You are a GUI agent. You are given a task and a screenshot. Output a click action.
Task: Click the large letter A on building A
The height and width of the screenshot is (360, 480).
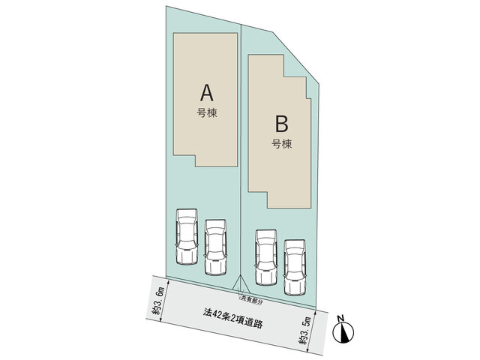(207, 92)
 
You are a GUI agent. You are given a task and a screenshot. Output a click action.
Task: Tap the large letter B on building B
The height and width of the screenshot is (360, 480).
(282, 123)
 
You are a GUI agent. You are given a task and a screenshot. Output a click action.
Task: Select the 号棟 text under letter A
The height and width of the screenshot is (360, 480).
(207, 113)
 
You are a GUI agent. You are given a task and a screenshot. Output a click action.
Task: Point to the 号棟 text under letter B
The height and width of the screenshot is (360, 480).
(282, 144)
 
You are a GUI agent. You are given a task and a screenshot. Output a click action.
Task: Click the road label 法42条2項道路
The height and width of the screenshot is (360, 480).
(233, 318)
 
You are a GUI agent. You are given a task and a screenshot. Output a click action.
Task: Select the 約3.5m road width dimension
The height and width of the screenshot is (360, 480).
(306, 331)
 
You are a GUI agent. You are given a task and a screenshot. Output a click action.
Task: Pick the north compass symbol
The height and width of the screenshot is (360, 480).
(343, 332)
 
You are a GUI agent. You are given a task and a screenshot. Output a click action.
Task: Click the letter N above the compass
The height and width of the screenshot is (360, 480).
(341, 318)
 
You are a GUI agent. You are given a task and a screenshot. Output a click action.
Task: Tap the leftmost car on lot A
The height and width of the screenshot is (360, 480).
(187, 237)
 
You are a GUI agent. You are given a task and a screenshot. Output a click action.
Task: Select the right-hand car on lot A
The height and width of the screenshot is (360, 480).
(215, 247)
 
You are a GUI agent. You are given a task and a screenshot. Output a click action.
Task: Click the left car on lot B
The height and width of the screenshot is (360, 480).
(266, 257)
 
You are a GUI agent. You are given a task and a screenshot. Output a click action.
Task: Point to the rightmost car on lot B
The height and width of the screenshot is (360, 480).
(295, 268)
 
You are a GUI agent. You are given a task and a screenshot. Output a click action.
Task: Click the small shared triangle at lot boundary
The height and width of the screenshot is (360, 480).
(241, 283)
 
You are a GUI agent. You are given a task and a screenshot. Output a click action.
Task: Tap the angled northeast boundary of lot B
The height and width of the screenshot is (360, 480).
(296, 57)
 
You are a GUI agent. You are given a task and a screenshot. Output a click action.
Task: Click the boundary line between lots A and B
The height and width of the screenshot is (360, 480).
(241, 150)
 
